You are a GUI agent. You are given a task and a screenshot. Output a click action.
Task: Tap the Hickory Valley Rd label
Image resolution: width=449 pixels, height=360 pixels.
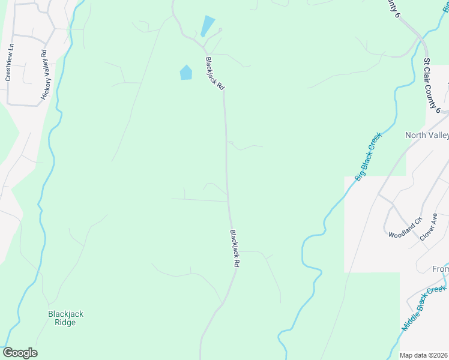click(x=44, y=75)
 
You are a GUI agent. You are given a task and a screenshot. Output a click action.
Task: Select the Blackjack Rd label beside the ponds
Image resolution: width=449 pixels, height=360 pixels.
click(x=214, y=74)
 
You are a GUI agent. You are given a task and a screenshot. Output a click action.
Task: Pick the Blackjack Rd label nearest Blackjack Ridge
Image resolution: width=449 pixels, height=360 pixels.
click(x=235, y=248)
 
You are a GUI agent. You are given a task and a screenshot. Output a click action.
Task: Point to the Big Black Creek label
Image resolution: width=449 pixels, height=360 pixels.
click(x=368, y=157)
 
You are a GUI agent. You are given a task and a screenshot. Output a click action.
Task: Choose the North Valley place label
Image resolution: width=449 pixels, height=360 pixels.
click(x=427, y=135)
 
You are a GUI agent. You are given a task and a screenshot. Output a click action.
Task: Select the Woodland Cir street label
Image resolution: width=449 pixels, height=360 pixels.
click(x=405, y=226)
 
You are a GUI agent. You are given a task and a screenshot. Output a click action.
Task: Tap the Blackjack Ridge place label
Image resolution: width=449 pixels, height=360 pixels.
click(x=66, y=318)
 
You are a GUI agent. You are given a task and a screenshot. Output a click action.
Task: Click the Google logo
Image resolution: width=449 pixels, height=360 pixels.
click(x=20, y=353)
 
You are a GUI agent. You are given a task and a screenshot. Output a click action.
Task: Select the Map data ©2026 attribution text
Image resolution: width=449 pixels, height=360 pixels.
click(x=423, y=355)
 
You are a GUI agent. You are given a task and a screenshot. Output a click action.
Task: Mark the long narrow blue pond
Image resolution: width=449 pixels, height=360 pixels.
click(x=208, y=26)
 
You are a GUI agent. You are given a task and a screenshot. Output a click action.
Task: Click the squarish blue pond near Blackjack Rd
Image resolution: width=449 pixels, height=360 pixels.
click(x=186, y=73)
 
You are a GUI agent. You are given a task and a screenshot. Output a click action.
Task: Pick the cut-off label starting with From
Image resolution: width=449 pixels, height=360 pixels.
click(x=440, y=269)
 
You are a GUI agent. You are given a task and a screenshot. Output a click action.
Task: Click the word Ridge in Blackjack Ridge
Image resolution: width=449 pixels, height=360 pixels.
click(x=66, y=322)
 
